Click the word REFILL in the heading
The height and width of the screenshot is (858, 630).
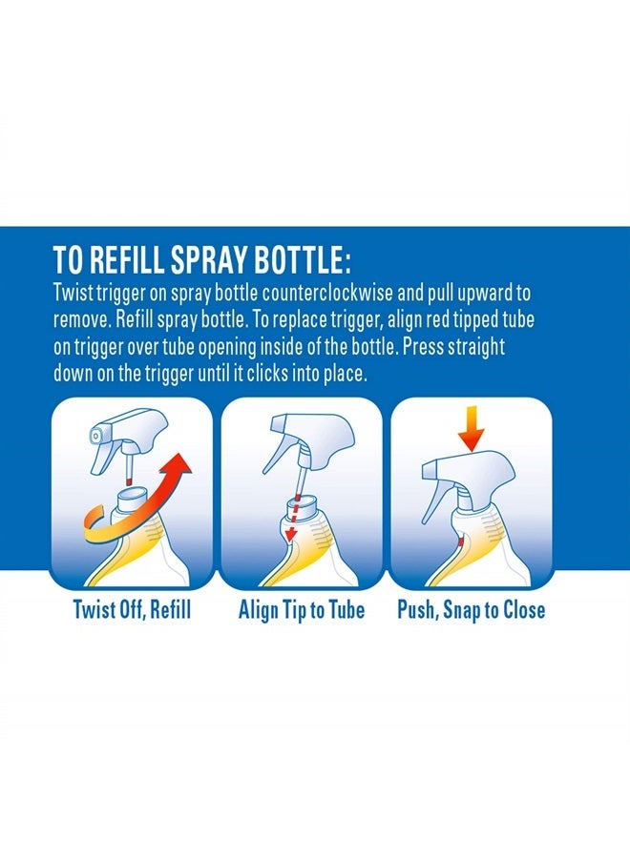click(x=127, y=259)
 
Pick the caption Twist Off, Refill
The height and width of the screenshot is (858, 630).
click(x=132, y=609)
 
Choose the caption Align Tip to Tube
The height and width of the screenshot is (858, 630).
click(x=302, y=609)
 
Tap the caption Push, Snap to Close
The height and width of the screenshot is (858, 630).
click(x=472, y=609)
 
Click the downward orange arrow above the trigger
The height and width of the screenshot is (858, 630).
click(x=472, y=430)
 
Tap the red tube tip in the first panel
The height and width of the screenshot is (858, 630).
click(x=128, y=481)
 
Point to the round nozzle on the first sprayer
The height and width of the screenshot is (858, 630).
click(x=95, y=436)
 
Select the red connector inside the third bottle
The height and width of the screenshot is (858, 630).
click(x=461, y=542)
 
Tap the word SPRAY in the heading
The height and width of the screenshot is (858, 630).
click(x=209, y=259)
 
